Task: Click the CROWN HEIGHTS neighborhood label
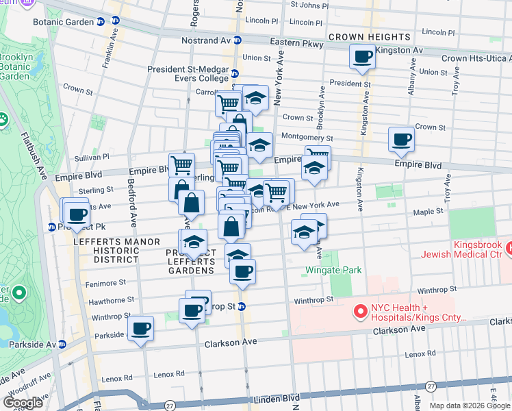tap(370, 36)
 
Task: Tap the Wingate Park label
tap(333, 270)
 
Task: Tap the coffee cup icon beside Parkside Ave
tap(141, 329)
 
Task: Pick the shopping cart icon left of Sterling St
tap(181, 165)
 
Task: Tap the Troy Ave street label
tap(448, 192)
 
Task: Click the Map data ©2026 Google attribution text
tap(469, 406)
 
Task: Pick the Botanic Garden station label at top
tap(63, 22)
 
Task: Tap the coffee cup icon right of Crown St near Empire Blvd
tap(400, 140)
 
